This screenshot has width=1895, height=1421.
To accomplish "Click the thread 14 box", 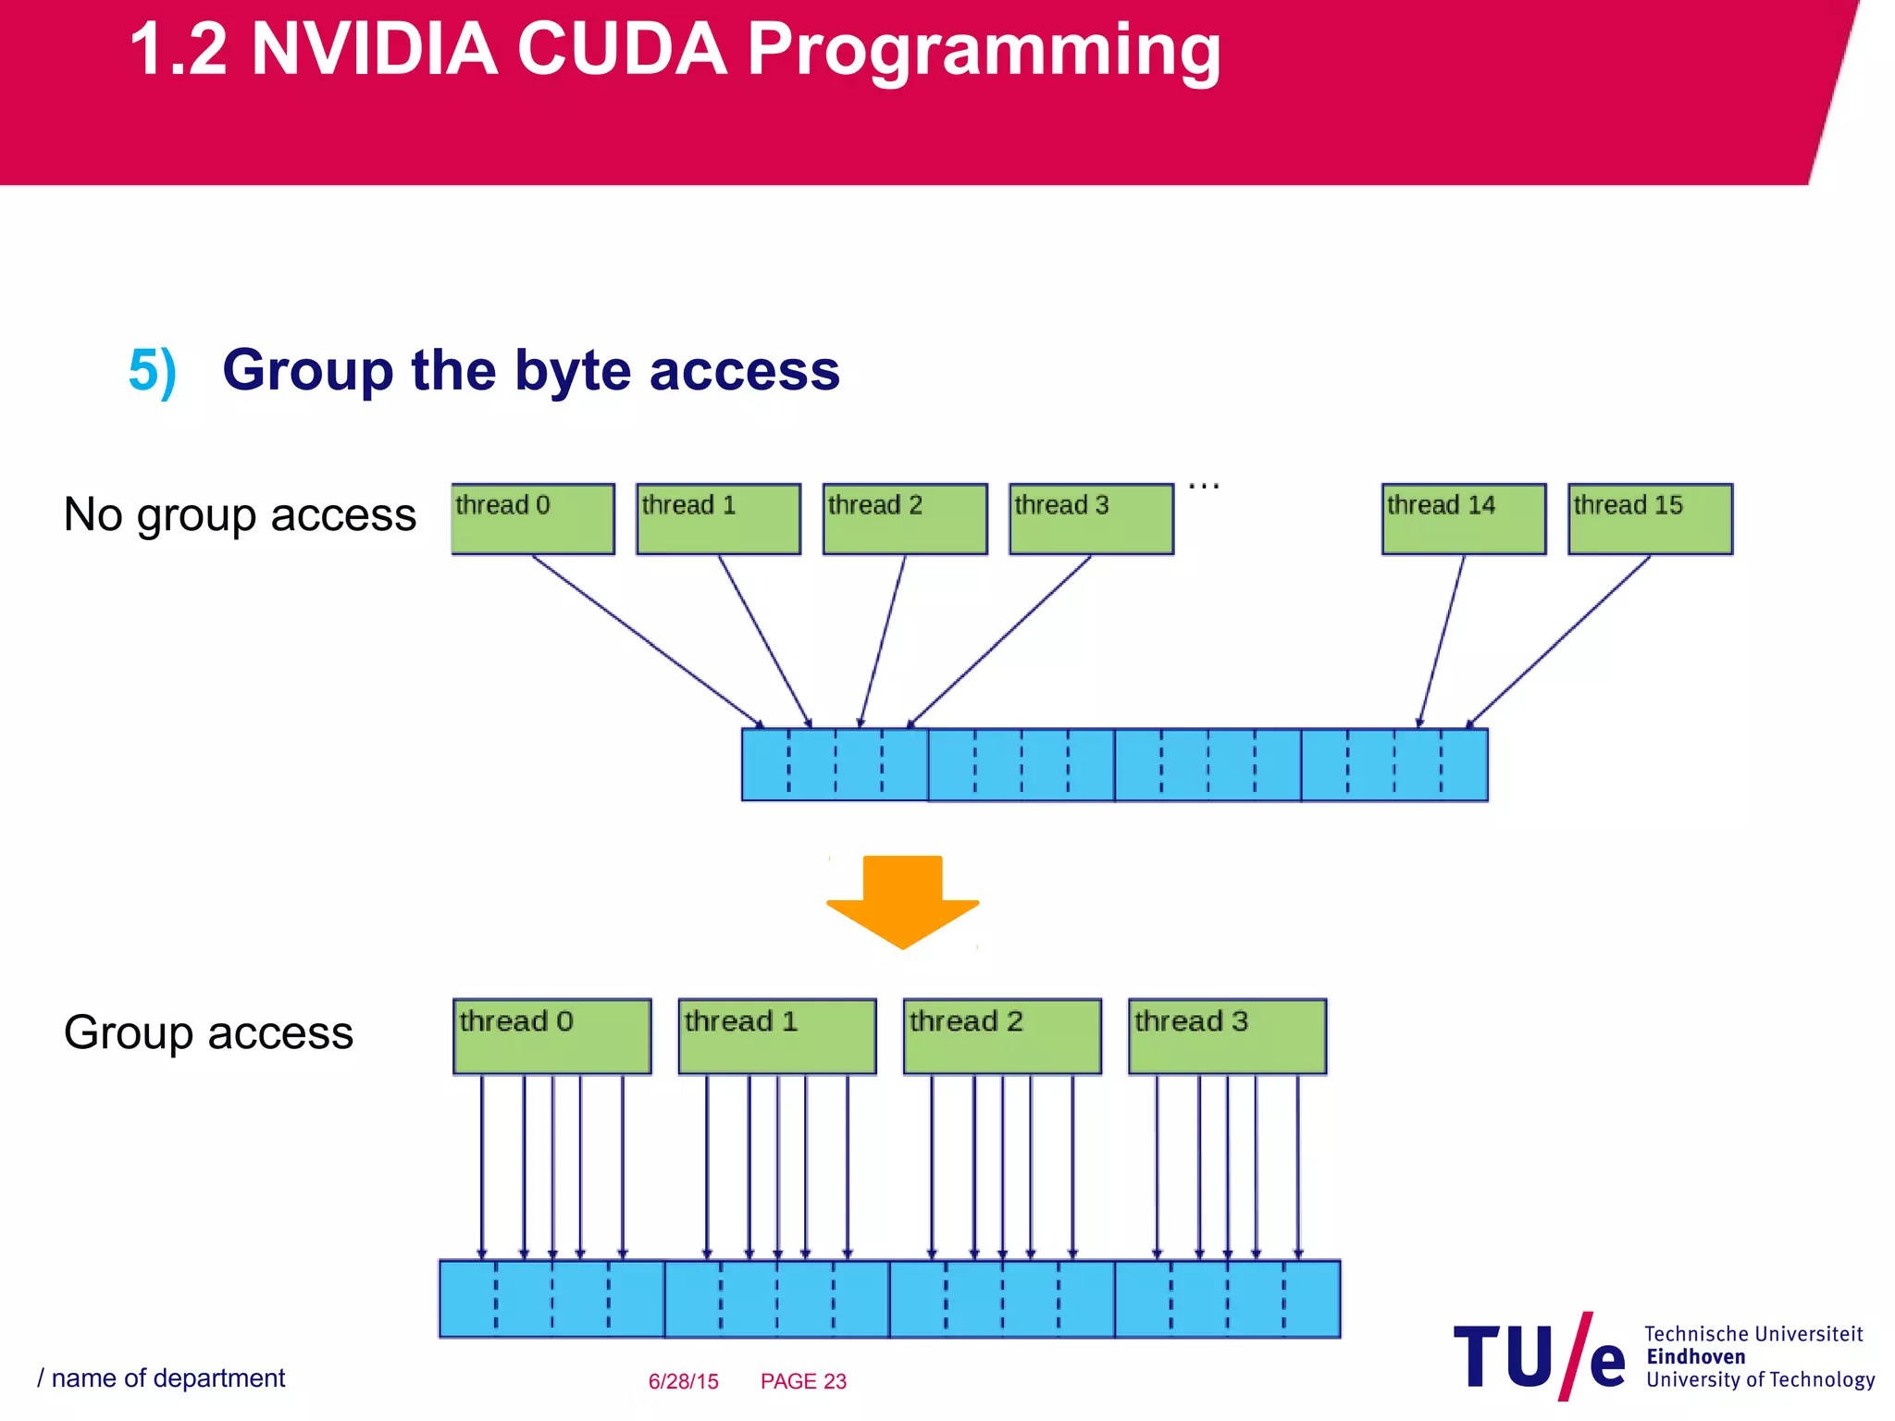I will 1463,519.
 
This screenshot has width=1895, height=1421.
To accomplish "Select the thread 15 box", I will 1650,519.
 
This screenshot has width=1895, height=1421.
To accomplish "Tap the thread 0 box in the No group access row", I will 532,519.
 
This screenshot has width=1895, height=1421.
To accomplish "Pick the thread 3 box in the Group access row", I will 1227,1036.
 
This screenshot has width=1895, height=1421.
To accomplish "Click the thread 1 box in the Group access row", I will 776,1036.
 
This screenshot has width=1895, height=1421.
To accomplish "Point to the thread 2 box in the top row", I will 904,519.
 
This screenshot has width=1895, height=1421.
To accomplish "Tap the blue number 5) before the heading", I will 152,371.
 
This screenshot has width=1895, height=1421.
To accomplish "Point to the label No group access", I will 240,515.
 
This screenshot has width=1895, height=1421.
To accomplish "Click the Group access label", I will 208,1032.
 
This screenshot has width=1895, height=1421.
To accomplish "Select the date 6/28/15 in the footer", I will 683,1381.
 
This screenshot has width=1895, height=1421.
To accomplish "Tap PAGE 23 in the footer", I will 803,1381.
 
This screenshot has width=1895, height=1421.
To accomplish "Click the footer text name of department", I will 167,1378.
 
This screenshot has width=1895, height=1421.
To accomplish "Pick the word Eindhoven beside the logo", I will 1695,1357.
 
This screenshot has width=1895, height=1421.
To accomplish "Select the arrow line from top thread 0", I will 648,641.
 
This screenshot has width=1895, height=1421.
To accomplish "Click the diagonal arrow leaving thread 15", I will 1559,641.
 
